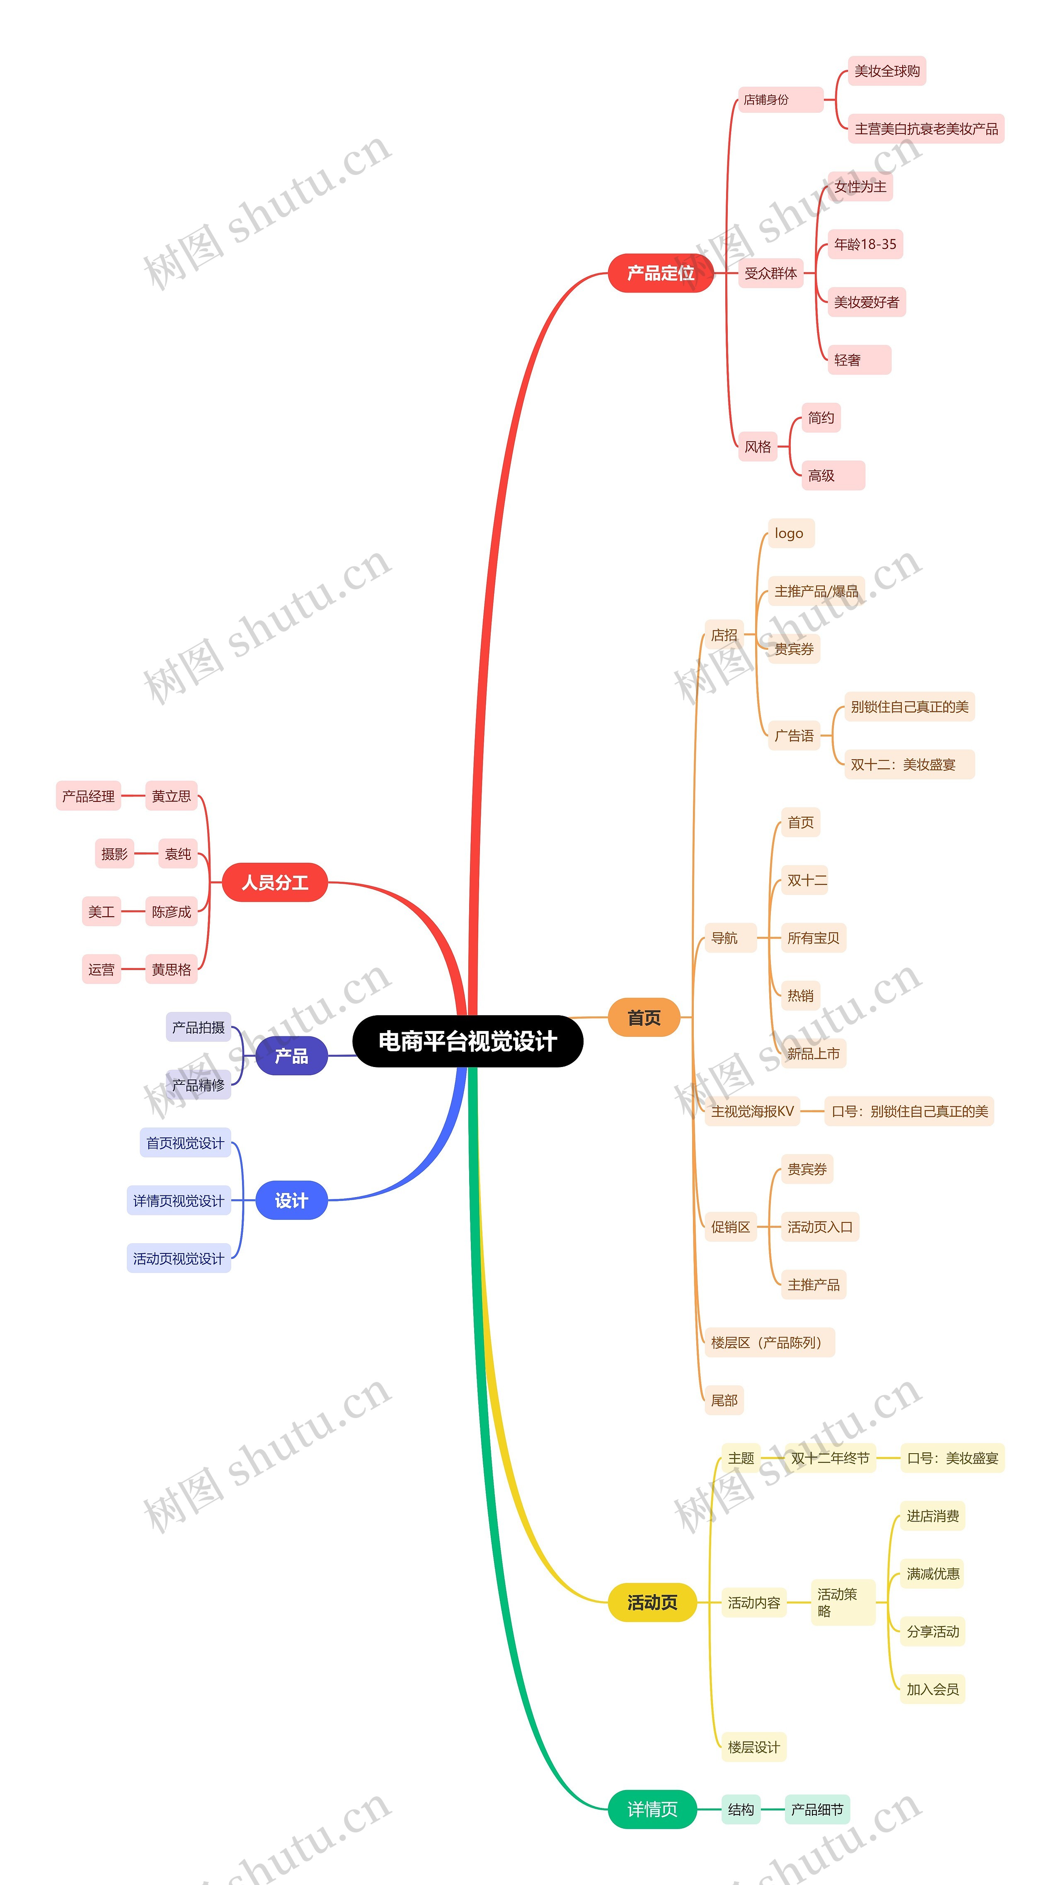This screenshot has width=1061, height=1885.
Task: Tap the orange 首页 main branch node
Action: (644, 1017)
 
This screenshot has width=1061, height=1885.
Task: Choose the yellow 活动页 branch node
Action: (652, 1602)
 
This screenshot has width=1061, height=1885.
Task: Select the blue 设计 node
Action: (291, 1200)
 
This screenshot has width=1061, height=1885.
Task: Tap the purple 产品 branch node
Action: (291, 1055)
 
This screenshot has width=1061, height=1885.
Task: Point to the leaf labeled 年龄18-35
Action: (865, 244)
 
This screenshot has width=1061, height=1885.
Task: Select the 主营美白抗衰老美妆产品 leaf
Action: (925, 129)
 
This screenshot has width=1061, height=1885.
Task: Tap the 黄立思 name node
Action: (171, 796)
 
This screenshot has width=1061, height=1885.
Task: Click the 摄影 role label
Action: (114, 854)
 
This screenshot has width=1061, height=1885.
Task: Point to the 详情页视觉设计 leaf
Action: (179, 1201)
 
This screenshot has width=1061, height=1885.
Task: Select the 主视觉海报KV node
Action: (752, 1111)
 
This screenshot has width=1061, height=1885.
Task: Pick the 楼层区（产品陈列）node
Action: (769, 1343)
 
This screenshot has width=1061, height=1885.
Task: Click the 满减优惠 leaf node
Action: (932, 1574)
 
